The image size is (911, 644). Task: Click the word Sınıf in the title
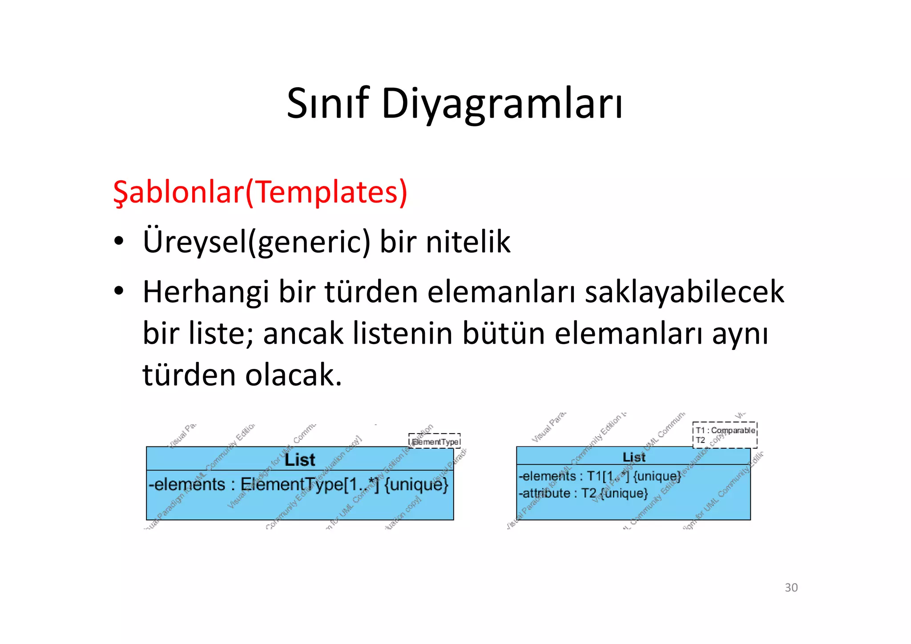[328, 103]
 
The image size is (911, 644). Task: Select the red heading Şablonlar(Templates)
[260, 192]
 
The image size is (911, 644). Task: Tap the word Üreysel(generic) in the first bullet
[256, 242]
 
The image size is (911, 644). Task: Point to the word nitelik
[468, 242]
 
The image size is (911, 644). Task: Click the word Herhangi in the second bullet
[206, 292]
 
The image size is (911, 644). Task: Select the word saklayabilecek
[684, 292]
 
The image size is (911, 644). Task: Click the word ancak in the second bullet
[303, 333]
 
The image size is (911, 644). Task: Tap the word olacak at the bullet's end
[294, 375]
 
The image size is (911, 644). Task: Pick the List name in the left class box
[300, 460]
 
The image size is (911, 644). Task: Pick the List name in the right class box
[633, 457]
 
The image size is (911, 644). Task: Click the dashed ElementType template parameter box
[435, 441]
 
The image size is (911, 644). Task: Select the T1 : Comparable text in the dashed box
[725, 430]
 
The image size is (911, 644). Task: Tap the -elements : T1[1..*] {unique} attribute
[600, 476]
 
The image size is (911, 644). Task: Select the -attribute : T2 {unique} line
[583, 493]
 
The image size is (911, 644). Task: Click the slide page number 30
[791, 587]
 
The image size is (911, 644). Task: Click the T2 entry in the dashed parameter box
[701, 440]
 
